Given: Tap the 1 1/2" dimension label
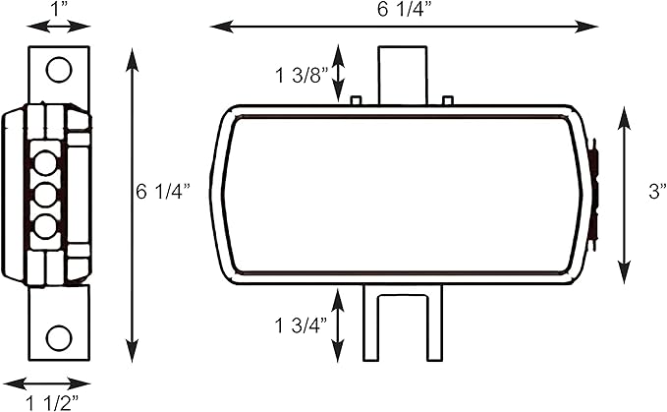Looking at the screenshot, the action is tap(53, 402).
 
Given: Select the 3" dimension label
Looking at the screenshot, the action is tap(657, 191).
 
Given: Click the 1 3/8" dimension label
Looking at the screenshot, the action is tap(302, 76).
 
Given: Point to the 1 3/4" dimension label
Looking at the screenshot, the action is tap(302, 325).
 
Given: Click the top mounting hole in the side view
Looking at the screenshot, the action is tap(59, 70).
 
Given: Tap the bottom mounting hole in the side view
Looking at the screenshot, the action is tap(59, 338).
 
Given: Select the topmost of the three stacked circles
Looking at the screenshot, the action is tap(44, 162).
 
